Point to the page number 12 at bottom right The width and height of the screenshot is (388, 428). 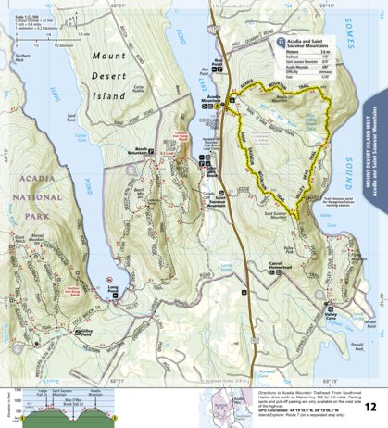tap(369, 406)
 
